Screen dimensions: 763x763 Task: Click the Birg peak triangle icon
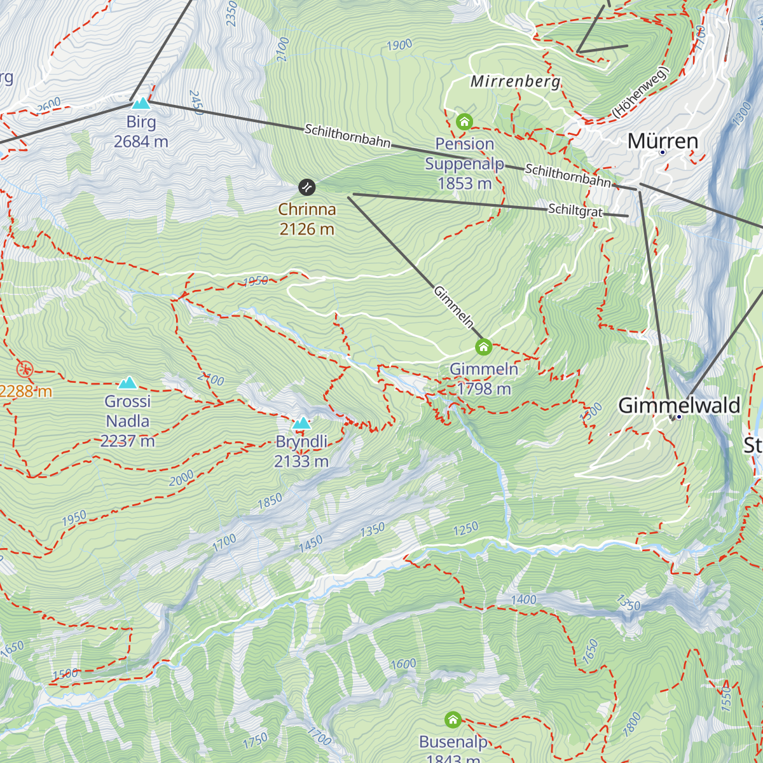(141, 102)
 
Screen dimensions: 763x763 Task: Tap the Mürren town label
(663, 141)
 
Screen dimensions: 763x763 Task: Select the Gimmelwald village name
(679, 405)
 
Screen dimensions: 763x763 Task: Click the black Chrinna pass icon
(306, 187)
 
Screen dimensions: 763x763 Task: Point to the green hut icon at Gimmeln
(483, 347)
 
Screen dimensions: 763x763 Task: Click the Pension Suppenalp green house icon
(464, 121)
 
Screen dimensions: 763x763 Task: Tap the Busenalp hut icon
(453, 720)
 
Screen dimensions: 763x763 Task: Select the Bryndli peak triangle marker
(301, 423)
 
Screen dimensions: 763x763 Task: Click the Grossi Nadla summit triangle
(128, 382)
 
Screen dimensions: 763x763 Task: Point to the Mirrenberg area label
(515, 81)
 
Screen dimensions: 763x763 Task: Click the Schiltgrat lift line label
(575, 210)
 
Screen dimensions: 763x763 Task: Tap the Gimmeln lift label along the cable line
(454, 307)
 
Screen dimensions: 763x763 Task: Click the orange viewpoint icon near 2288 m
(25, 368)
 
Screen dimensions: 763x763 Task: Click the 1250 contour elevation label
(465, 529)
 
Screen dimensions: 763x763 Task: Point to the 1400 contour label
(523, 599)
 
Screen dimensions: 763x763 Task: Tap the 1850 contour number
(270, 501)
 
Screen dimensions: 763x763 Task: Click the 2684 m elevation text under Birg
(141, 141)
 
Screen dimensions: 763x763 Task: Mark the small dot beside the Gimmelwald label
(678, 417)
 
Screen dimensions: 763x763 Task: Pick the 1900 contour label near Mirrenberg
(399, 45)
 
